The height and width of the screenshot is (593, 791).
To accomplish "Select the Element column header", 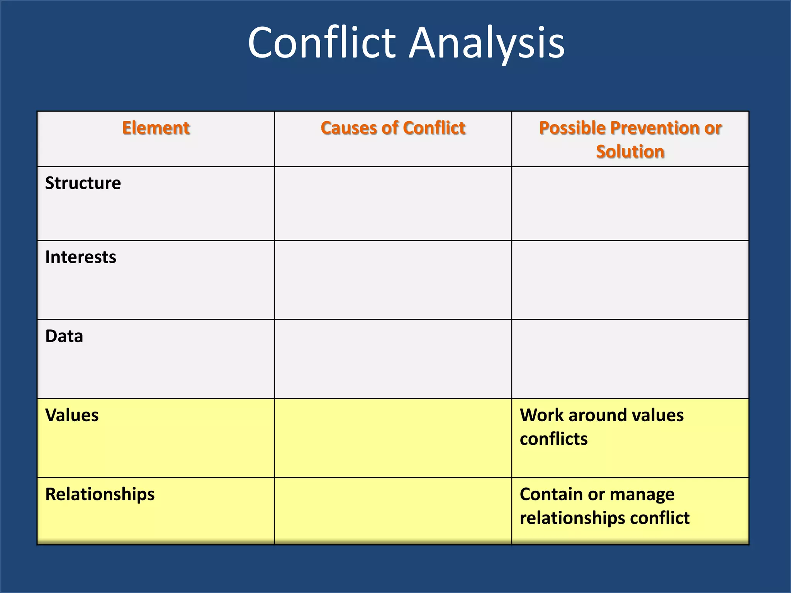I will pos(156,128).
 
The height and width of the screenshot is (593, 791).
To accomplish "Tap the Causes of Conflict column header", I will pos(393,128).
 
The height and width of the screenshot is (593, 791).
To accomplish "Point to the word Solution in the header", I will pos(630,151).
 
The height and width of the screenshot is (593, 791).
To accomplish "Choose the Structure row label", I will pos(83,183).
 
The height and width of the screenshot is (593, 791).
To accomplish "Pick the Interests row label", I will pos(81,257).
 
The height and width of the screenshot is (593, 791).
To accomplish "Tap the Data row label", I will pos(64,336).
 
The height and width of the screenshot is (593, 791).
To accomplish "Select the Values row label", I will pos(72,415).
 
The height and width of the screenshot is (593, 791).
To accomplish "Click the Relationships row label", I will pos(100,495).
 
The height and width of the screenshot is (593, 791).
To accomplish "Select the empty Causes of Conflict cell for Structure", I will pos(393,203).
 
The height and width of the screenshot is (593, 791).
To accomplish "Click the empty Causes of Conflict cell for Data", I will pos(393,359).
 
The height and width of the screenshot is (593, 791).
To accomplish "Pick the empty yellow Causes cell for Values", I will pos(393,438).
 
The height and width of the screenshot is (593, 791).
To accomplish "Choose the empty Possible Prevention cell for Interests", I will pos(630,280).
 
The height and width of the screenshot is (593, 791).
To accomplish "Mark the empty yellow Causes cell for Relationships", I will pos(393,511).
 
